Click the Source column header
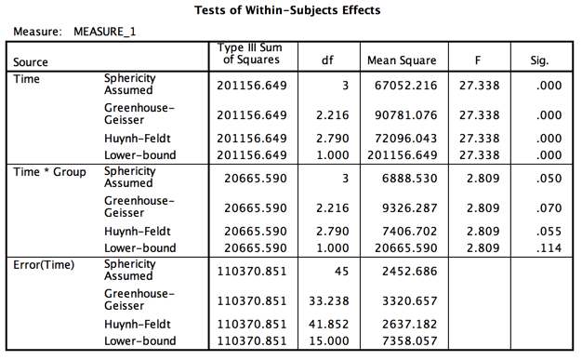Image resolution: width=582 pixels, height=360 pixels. (x=31, y=61)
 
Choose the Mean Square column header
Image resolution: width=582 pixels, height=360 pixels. (x=402, y=61)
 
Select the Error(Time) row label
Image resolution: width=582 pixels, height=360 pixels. (x=45, y=264)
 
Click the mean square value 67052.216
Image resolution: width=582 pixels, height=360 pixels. (x=408, y=86)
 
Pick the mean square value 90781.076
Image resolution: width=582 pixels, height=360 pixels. (x=408, y=115)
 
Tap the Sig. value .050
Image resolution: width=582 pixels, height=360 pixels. (x=549, y=178)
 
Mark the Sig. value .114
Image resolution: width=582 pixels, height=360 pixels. (x=549, y=248)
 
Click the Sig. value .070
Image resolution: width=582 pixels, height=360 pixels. (x=549, y=207)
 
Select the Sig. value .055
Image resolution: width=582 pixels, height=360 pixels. (x=549, y=232)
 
